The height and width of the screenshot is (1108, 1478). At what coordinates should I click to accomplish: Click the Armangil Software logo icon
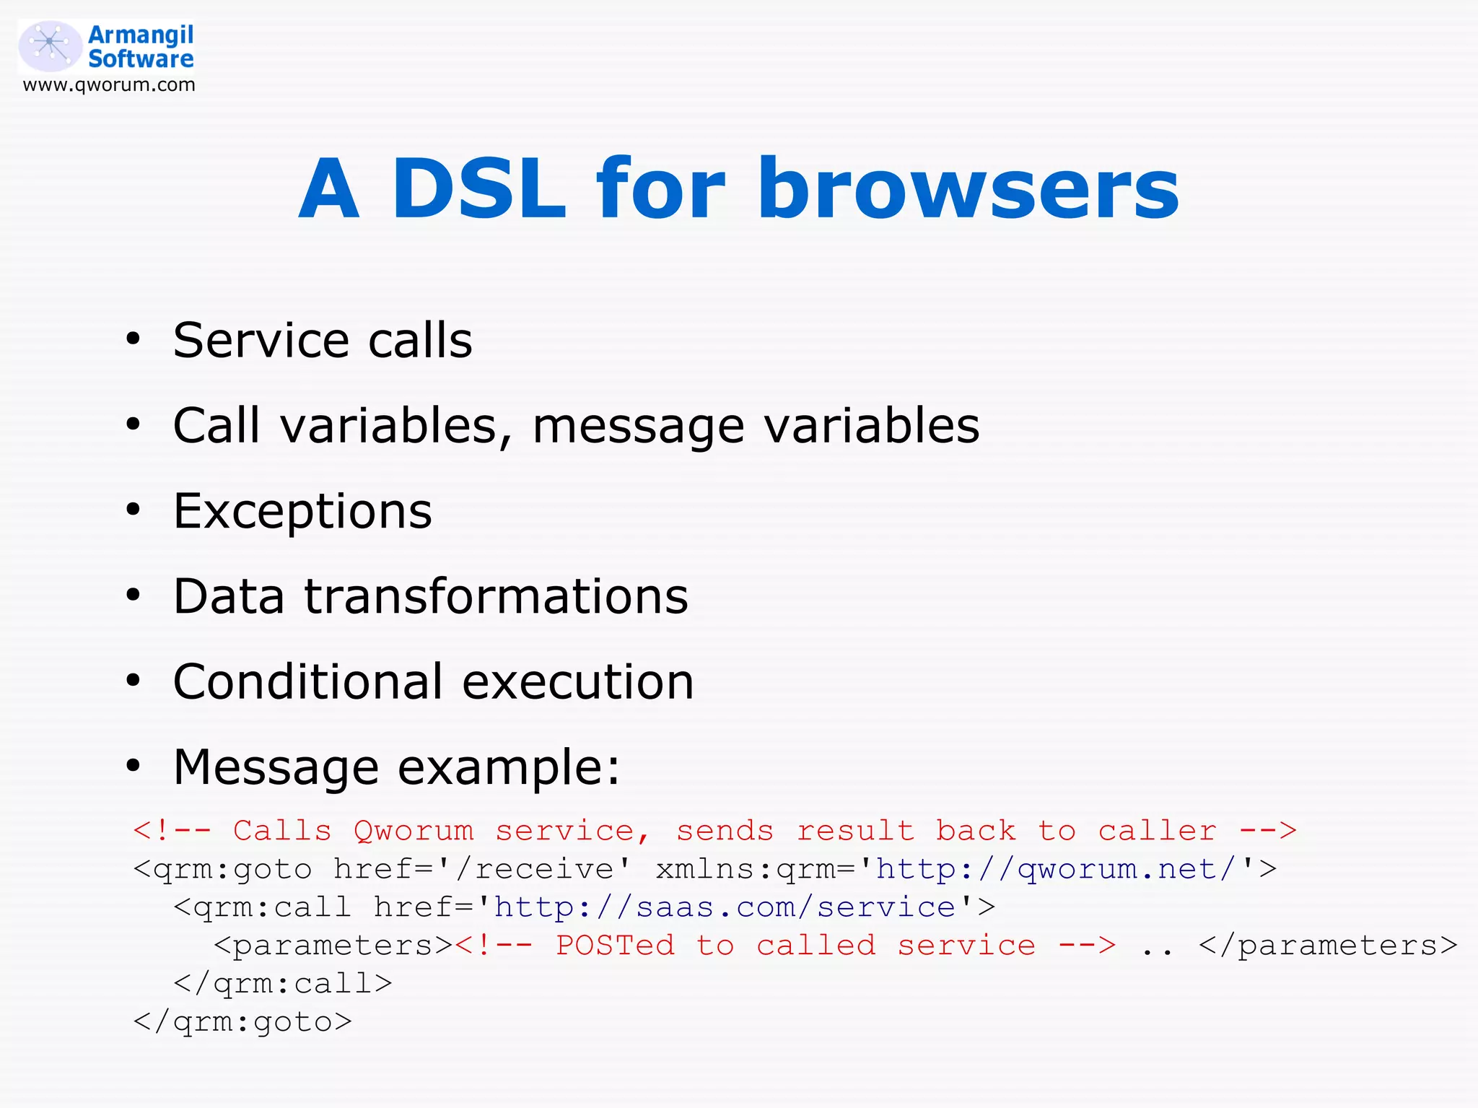coord(49,45)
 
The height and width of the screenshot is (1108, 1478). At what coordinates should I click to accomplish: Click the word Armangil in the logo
coord(141,34)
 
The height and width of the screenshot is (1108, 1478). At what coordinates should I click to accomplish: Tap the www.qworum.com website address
coord(109,85)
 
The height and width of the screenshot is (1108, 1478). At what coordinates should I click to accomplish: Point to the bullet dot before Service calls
coord(133,339)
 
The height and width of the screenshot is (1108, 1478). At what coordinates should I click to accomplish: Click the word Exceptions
coord(302,511)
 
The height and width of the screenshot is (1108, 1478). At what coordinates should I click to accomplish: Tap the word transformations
coord(496,597)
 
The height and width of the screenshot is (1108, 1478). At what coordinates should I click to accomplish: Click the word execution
coord(577,681)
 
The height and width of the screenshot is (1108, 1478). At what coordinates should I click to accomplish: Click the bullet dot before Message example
coord(133,766)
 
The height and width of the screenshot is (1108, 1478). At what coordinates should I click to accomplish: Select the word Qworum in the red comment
coord(414,831)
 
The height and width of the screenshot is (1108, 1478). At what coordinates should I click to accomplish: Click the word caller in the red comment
coord(1157,831)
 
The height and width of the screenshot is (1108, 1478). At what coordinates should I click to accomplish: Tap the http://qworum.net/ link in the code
coord(1057,869)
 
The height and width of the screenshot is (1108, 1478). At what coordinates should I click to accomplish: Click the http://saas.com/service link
coord(725,907)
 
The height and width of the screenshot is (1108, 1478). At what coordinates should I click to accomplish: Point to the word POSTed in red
coord(615,946)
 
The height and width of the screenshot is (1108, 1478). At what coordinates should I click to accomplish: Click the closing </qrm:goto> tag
coord(242,1022)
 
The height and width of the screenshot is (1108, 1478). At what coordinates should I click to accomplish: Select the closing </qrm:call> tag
coord(283,984)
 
